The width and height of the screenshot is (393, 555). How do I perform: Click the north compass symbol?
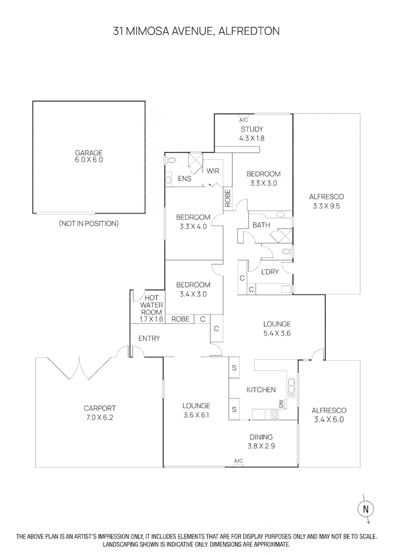[366, 509]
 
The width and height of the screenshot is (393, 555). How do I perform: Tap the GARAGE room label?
[89, 153]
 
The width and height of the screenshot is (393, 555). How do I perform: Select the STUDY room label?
[252, 129]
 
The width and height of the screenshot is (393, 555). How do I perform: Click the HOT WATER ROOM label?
[151, 305]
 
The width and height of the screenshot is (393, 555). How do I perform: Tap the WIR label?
[213, 171]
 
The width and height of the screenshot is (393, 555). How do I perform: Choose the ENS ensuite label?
[185, 179]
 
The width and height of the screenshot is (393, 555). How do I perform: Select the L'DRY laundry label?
[270, 272]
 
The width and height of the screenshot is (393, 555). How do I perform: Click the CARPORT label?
[99, 409]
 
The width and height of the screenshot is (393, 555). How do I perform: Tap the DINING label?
[262, 437]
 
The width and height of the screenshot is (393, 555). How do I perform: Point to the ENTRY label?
[149, 339]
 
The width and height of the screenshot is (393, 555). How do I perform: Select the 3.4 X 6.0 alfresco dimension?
[329, 419]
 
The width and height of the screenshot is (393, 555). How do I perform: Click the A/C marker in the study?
[244, 119]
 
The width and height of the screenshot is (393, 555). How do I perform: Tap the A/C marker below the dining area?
[238, 461]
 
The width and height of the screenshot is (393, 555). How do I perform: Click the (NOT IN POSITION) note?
[89, 224]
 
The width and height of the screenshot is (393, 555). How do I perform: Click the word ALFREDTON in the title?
[249, 31]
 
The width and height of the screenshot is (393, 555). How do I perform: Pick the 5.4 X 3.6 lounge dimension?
[277, 332]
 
